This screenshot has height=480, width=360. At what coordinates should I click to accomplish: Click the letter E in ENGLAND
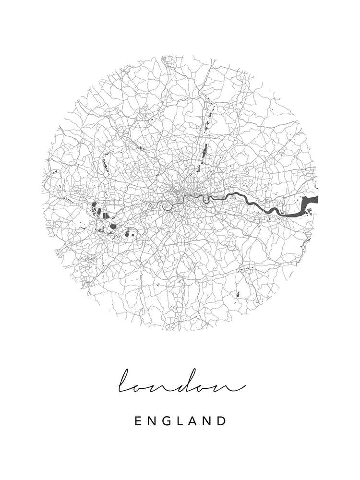[x=138, y=421]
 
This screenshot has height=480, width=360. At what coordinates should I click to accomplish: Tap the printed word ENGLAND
[x=180, y=421]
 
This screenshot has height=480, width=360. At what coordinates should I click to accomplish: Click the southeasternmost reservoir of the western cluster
[x=128, y=234]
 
